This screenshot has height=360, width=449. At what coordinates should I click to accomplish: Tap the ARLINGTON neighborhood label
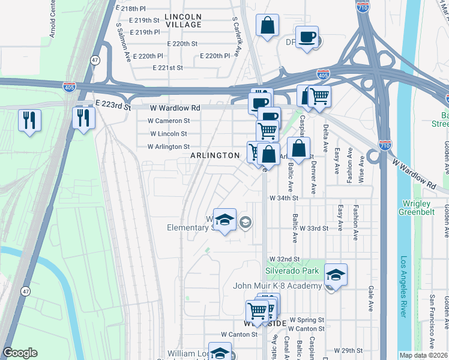[215, 155]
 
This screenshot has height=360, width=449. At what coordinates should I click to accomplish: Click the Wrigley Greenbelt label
[423, 207]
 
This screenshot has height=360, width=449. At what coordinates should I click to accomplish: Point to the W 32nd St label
[284, 259]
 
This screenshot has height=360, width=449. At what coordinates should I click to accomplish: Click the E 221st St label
[167, 68]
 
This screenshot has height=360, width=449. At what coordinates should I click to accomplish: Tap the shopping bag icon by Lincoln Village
[268, 26]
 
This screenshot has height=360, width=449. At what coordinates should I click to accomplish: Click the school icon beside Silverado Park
[336, 275]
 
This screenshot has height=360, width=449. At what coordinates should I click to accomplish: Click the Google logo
[20, 353]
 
